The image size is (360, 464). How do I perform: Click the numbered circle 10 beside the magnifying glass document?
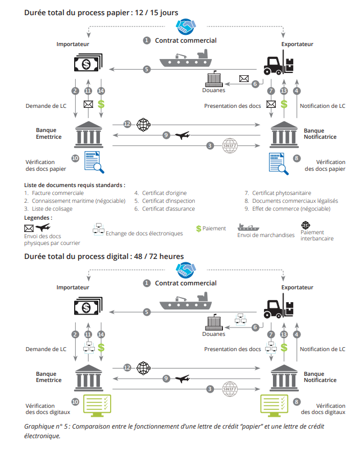pyautogui.click(x=75, y=158)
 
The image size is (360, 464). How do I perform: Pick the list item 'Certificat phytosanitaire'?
pyautogui.click(x=281, y=193)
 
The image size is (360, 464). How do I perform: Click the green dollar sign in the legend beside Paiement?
pyautogui.click(x=198, y=229)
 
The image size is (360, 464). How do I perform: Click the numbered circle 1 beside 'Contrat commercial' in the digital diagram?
pyautogui.click(x=147, y=283)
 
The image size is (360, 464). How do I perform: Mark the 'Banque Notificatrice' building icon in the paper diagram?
pyautogui.click(x=284, y=133)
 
